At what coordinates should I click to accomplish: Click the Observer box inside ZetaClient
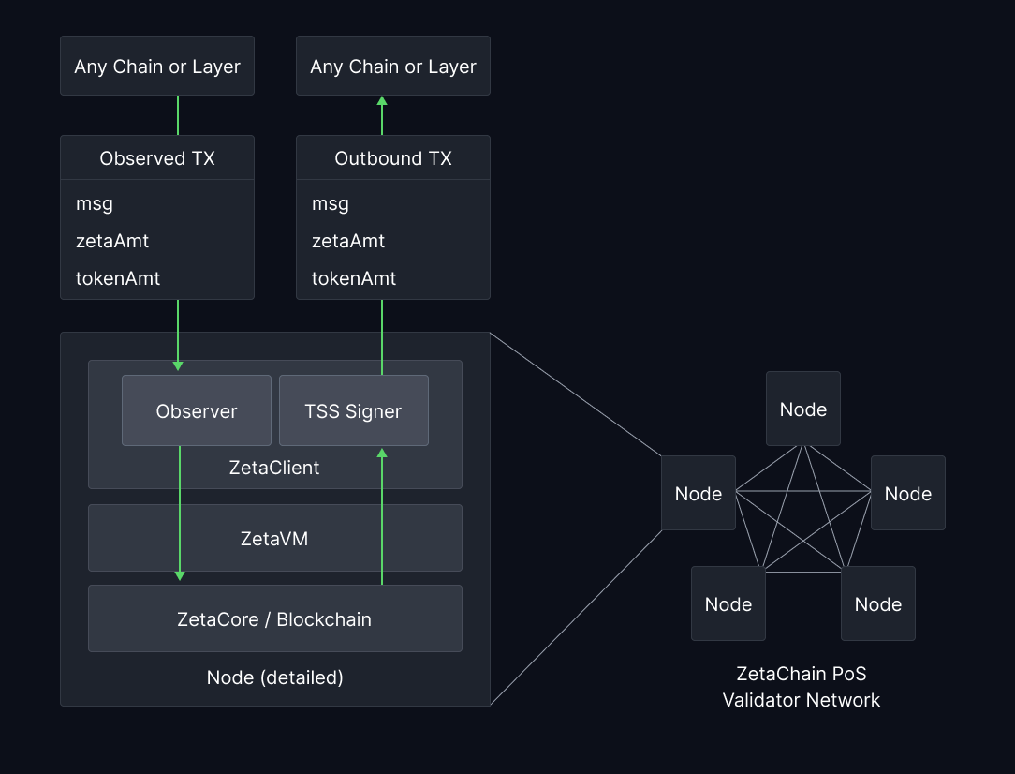197,411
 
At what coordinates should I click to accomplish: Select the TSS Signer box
353,411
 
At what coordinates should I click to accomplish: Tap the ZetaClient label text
274,468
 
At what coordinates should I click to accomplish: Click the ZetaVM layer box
274,539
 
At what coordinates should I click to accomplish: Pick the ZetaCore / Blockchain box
274,619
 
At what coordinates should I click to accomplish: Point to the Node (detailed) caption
274,677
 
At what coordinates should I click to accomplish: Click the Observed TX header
157,158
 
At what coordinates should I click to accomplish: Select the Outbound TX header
393,158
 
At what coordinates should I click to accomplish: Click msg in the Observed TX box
95,204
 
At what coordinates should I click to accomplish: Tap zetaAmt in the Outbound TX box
348,241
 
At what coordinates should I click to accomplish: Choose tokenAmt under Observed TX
118,278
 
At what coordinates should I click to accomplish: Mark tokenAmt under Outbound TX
354,278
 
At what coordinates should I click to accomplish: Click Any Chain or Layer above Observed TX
157,67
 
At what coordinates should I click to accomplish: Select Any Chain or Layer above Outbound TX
393,67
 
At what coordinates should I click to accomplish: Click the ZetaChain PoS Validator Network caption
802,687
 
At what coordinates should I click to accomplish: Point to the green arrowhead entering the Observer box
178,365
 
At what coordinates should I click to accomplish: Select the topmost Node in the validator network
803,409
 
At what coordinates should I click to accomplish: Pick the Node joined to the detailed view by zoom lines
699,494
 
